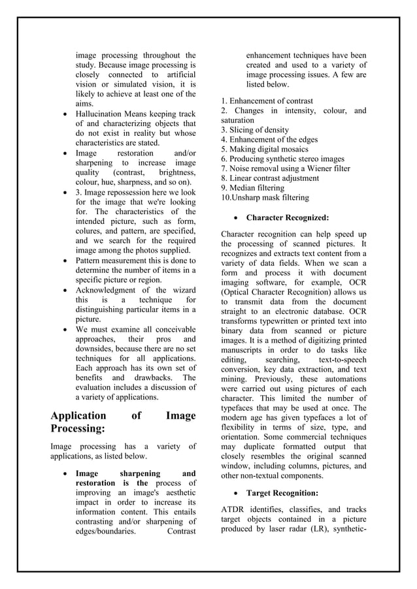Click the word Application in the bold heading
coord(78,415)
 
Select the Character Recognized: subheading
coord(287,217)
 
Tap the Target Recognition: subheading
coord(282,493)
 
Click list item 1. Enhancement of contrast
coord(267,101)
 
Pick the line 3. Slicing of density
coord(255,130)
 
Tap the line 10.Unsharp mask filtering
coord(265,197)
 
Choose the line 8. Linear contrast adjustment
coord(270,178)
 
